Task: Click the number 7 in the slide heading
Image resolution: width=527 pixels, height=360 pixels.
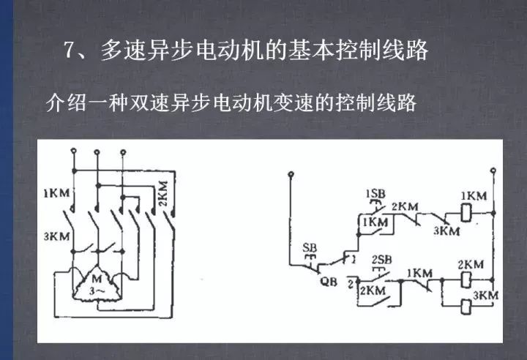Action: pyautogui.click(x=70, y=50)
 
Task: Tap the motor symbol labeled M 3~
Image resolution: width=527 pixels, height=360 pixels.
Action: pyautogui.click(x=97, y=284)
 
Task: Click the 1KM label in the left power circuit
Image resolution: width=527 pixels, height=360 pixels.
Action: pyautogui.click(x=56, y=193)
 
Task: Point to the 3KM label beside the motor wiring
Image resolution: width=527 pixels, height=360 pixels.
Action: pyautogui.click(x=56, y=236)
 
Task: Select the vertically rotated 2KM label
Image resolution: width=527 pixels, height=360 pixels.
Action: pyautogui.click(x=163, y=193)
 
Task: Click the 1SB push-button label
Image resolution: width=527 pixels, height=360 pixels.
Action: pyautogui.click(x=375, y=194)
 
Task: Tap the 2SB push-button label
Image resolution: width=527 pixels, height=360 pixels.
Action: pyautogui.click(x=382, y=260)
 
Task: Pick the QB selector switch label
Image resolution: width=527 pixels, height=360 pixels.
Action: pyautogui.click(x=328, y=281)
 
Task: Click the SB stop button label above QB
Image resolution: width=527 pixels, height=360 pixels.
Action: pyautogui.click(x=310, y=248)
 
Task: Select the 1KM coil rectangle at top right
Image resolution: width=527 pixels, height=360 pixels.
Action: pyautogui.click(x=466, y=214)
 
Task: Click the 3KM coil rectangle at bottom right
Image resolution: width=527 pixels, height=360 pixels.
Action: pyautogui.click(x=466, y=306)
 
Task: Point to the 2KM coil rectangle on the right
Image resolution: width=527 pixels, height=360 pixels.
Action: pyautogui.click(x=466, y=280)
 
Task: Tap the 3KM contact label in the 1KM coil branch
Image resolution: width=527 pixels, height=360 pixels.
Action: pyautogui.click(x=446, y=231)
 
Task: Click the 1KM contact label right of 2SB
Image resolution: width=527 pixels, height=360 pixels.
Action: pyautogui.click(x=420, y=273)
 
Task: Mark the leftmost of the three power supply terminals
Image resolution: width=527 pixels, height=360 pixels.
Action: pyautogui.click(x=74, y=151)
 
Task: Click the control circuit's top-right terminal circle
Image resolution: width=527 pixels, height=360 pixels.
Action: pyautogui.click(x=493, y=170)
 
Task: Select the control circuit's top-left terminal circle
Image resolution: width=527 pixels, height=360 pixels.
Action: pyautogui.click(x=291, y=174)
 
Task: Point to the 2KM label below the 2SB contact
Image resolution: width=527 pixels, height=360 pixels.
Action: pyautogui.click(x=373, y=290)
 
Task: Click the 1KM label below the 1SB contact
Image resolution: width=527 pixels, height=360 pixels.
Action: pyautogui.click(x=375, y=222)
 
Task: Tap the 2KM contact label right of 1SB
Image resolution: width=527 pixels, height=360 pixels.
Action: pyautogui.click(x=405, y=207)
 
